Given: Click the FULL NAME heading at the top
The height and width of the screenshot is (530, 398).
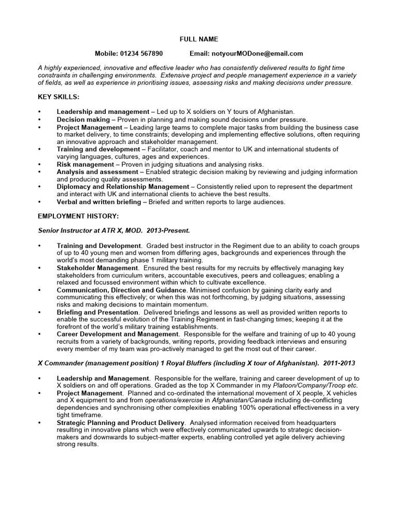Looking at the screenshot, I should pos(198,39).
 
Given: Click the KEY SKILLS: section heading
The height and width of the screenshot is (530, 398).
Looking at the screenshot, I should pos(59,97).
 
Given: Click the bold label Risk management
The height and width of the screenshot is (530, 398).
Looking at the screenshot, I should pos(85,164).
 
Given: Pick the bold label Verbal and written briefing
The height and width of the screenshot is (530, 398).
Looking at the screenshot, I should pos(100,201).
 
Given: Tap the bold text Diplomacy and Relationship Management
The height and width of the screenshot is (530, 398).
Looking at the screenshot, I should pos(123,186).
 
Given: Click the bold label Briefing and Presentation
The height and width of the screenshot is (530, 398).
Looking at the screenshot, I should pos(97,313).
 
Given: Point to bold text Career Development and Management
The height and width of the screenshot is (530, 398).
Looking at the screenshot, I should pos(118,334).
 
